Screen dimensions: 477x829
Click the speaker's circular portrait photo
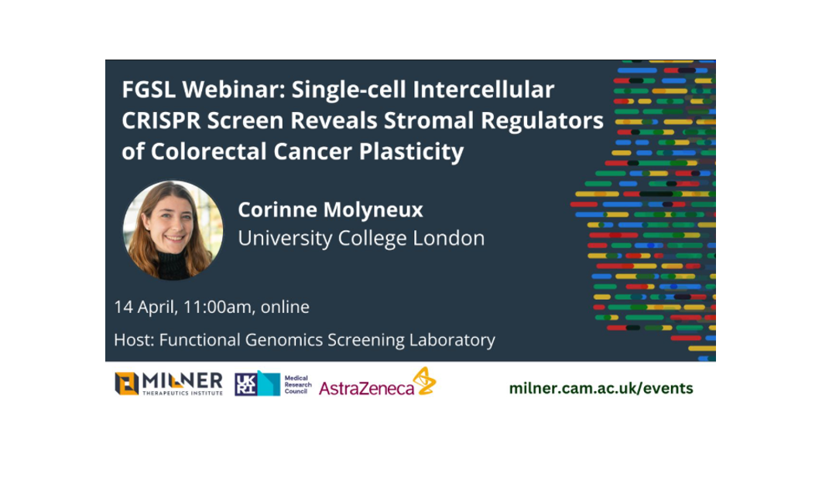pyautogui.click(x=173, y=230)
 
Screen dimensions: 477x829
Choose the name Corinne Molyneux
pyautogui.click(x=331, y=210)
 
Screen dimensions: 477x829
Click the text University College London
pyautogui.click(x=361, y=238)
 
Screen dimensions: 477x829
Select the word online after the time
pyautogui.click(x=285, y=307)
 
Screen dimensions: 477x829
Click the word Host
pyautogui.click(x=132, y=339)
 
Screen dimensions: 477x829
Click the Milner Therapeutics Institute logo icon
pyautogui.click(x=126, y=383)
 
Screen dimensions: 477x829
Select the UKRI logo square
pyautogui.click(x=246, y=383)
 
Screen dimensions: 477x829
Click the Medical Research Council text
pyautogui.click(x=296, y=383)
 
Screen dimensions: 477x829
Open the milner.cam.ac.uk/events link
pyautogui.click(x=601, y=388)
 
